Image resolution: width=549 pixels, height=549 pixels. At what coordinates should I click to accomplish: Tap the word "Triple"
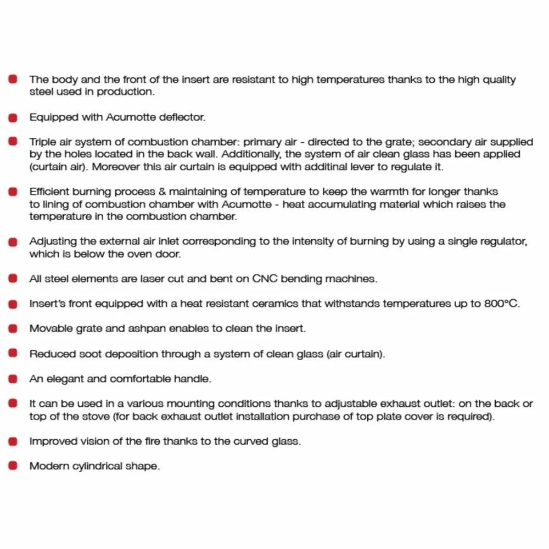tap(42, 142)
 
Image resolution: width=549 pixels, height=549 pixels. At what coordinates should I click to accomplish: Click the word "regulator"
tap(500, 242)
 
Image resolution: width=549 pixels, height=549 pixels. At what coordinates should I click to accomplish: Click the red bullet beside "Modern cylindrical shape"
tap(13, 466)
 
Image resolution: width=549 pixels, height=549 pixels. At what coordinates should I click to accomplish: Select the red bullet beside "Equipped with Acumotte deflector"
tap(13, 117)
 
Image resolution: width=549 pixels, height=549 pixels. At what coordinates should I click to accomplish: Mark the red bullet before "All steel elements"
tap(13, 278)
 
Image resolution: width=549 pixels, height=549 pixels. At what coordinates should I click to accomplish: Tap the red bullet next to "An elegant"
tap(13, 378)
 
